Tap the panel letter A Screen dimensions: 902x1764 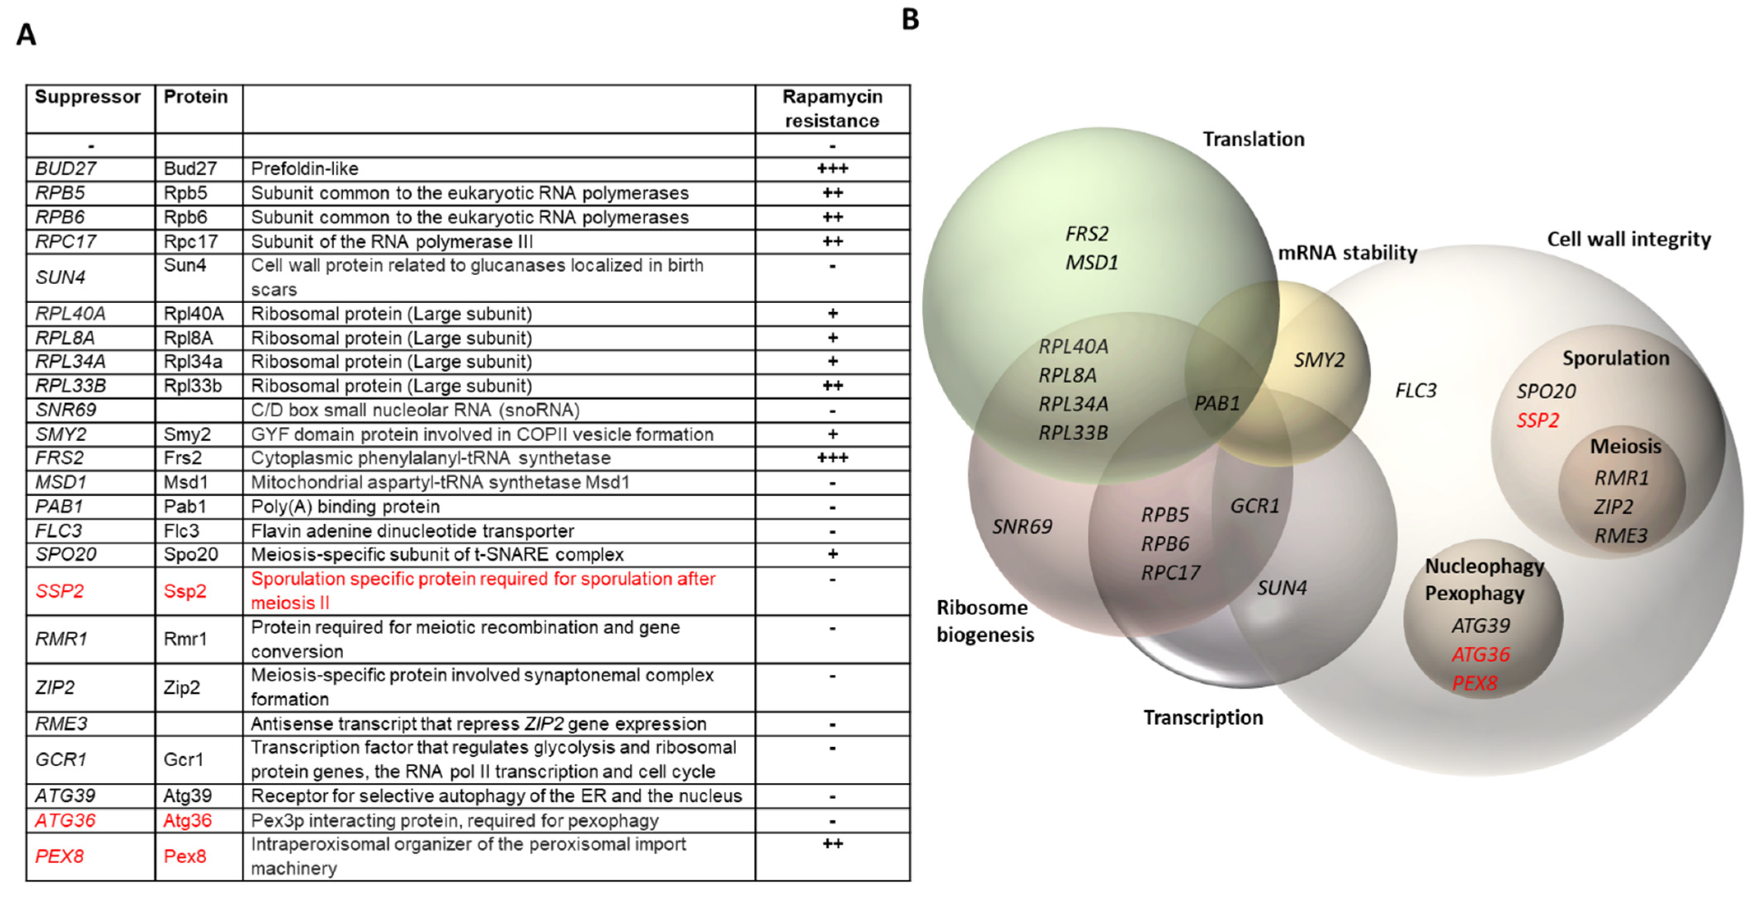point(26,34)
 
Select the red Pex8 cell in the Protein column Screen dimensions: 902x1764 point(185,856)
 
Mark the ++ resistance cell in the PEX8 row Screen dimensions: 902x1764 point(832,844)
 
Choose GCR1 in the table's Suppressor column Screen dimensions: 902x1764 point(61,760)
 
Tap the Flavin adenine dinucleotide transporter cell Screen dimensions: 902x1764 point(412,531)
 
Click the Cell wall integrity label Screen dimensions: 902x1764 point(1628,240)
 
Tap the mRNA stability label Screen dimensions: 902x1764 point(1347,253)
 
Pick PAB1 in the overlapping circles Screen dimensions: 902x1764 point(1217,404)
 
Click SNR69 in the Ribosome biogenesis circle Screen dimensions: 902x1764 point(1022,527)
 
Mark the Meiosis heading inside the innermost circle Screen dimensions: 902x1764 point(1625,446)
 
